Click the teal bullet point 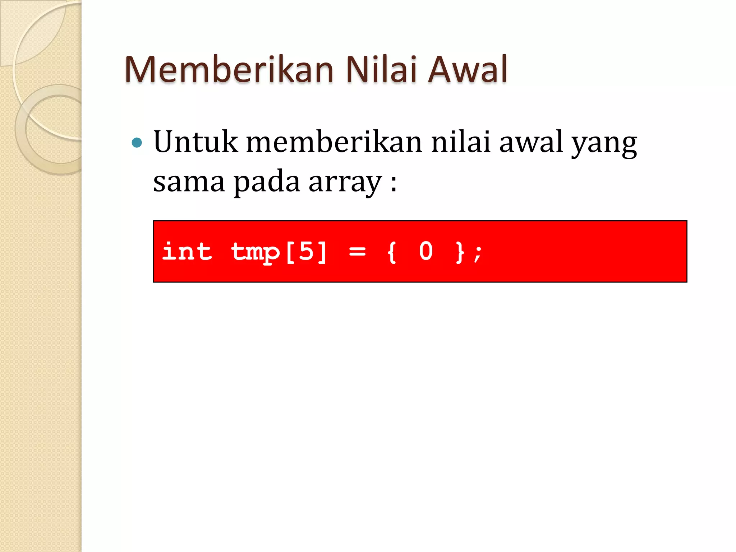(x=137, y=143)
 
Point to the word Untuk (x=195, y=142)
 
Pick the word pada (x=267, y=182)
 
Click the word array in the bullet (x=345, y=183)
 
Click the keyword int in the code (x=187, y=251)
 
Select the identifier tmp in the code (x=255, y=253)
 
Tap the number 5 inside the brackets (x=306, y=251)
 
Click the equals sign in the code (x=357, y=252)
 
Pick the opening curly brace (x=392, y=252)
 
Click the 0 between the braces (x=426, y=251)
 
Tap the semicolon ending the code (x=478, y=253)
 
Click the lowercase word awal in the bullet (x=531, y=142)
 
